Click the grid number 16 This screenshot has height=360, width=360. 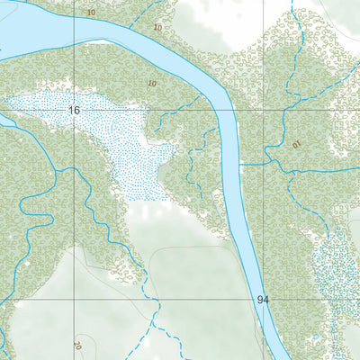pos(75,110)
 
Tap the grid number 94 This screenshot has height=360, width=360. pos(262,299)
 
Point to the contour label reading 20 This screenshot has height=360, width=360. pos(76,346)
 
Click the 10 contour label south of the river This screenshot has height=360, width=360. pos(149,82)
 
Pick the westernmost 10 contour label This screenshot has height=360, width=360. pos(91,13)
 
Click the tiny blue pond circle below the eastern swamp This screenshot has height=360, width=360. pos(315,338)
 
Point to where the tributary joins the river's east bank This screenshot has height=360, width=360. pos(241,165)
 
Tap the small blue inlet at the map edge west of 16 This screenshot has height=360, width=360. pos(4,117)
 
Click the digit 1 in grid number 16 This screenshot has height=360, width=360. pos(71,110)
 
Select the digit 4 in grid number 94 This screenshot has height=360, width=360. pos(265,299)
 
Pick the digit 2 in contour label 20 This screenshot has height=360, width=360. pos(75,346)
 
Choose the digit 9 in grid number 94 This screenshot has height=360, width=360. pos(258,299)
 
